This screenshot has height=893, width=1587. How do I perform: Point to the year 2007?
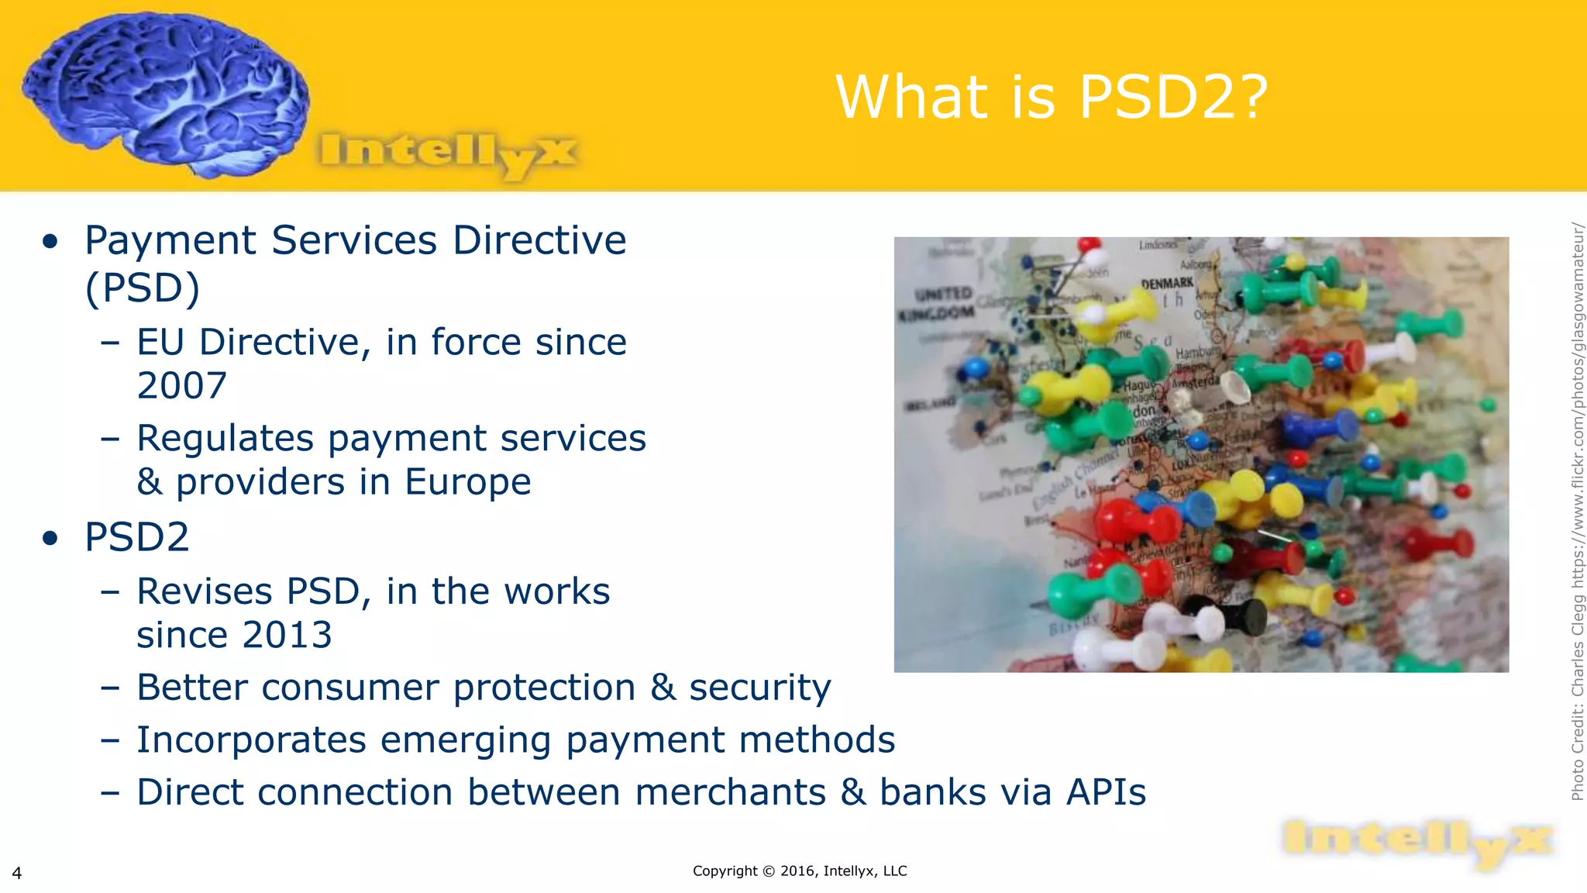(x=182, y=386)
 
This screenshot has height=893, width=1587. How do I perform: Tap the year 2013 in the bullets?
(x=287, y=636)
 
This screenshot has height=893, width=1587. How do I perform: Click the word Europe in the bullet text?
(x=468, y=482)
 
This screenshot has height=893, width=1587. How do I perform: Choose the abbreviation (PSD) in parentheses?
(x=143, y=288)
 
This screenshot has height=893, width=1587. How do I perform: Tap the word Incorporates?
(x=251, y=740)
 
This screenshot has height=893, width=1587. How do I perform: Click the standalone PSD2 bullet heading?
(x=137, y=537)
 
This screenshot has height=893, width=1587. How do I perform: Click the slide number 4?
(x=17, y=874)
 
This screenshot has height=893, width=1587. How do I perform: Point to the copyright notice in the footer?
(x=800, y=871)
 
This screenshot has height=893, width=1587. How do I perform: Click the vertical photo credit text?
(x=1578, y=512)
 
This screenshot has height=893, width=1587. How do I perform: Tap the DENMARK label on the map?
(x=1167, y=284)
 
